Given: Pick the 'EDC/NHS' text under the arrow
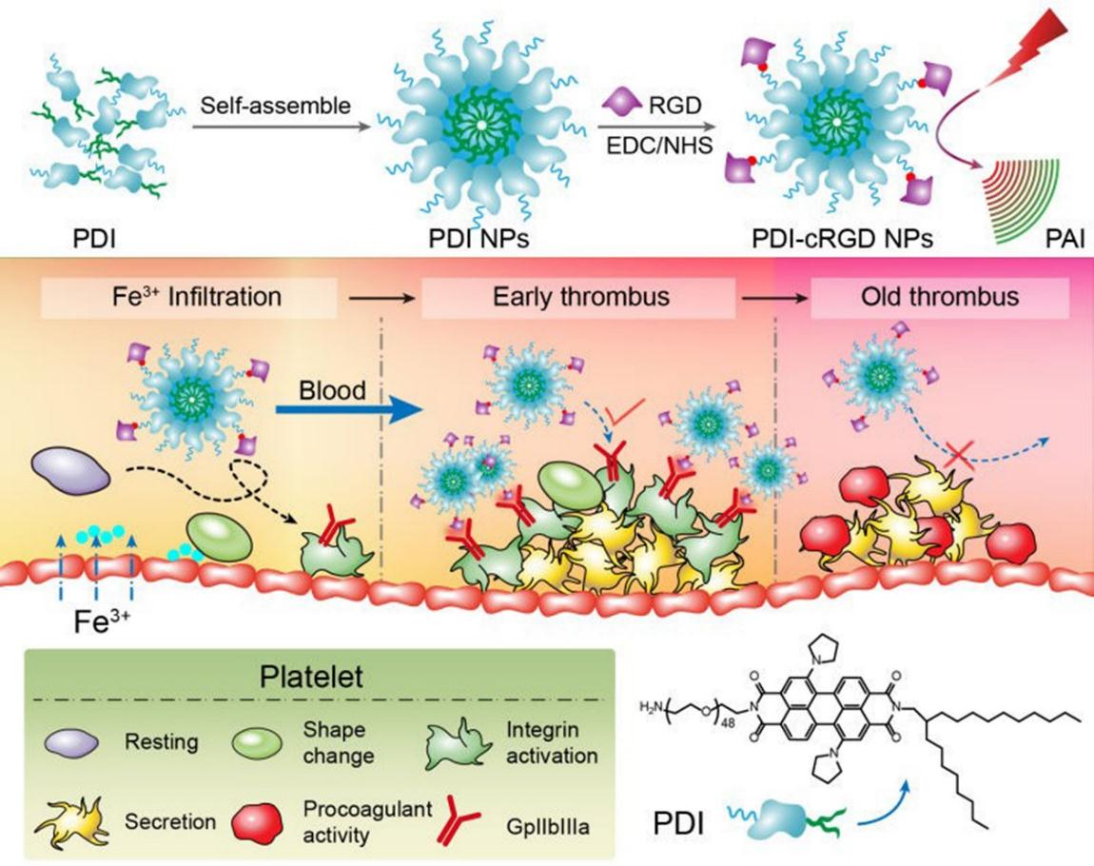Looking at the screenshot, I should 652,146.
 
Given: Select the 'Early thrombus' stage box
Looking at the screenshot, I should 581,296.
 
